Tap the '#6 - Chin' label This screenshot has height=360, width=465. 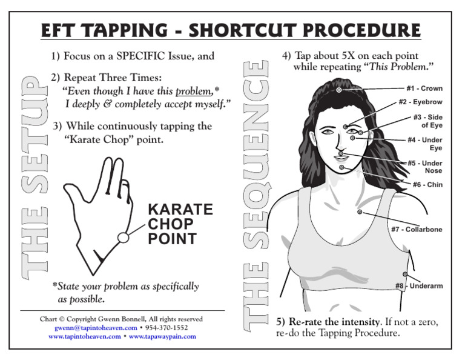click(427, 185)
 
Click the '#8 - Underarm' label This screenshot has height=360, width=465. click(419, 285)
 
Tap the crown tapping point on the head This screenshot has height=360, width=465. click(339, 90)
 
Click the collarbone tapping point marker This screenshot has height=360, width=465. click(360, 212)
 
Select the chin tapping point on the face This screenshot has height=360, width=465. click(342, 167)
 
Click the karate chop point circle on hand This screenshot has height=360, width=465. click(123, 238)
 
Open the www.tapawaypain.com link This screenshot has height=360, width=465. click(162, 336)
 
